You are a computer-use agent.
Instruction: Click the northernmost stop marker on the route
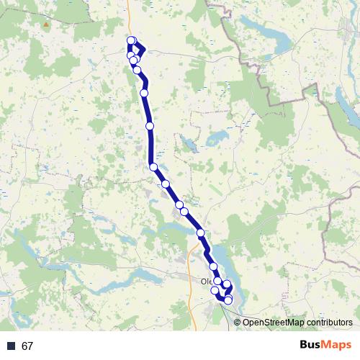click(x=131, y=40)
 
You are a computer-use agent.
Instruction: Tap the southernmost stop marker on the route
click(x=228, y=300)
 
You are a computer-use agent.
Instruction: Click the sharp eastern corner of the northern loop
click(x=144, y=50)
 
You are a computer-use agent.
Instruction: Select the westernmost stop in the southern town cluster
click(x=215, y=290)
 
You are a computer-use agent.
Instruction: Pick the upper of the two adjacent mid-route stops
click(x=179, y=205)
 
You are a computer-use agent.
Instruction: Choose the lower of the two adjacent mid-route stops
click(x=184, y=211)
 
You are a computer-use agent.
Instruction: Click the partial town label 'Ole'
click(x=207, y=282)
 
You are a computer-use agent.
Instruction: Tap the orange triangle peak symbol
click(x=46, y=24)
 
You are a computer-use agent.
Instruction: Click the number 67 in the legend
click(x=28, y=346)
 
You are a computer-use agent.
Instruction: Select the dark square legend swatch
click(x=12, y=346)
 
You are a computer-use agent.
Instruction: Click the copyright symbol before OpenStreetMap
click(x=238, y=322)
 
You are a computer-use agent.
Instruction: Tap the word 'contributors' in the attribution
click(x=329, y=322)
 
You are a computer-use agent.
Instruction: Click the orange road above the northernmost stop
click(x=129, y=18)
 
